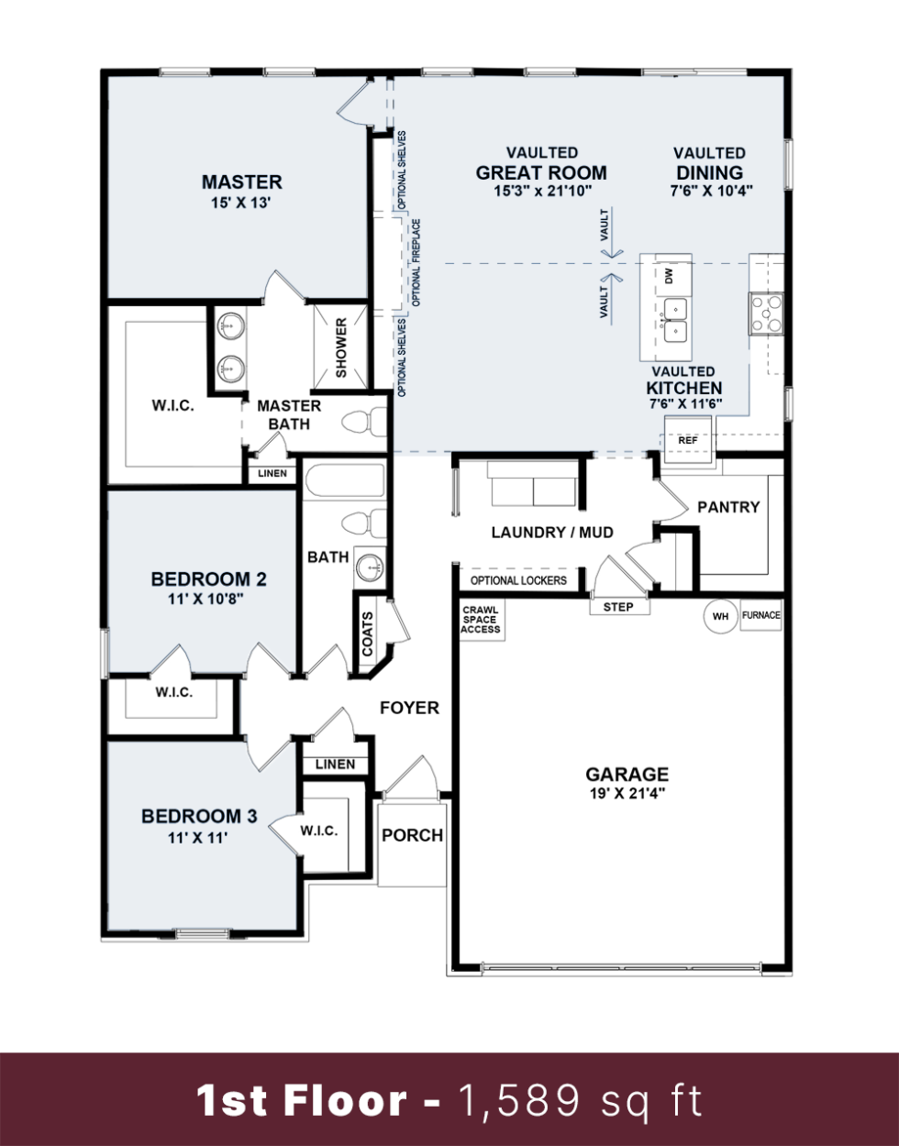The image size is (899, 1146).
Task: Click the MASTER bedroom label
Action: point(241,182)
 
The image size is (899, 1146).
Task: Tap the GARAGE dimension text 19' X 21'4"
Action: point(627,794)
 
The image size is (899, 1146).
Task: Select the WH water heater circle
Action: point(720,616)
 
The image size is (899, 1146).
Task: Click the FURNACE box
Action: point(760,615)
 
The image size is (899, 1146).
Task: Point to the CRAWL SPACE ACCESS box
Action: point(481,620)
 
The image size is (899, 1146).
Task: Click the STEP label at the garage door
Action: point(618,607)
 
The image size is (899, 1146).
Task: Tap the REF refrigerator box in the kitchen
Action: point(688,440)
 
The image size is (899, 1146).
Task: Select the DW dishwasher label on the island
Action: point(670,275)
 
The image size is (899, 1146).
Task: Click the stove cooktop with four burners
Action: point(766,314)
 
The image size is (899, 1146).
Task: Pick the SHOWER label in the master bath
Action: point(341,347)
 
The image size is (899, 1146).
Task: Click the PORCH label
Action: point(412,835)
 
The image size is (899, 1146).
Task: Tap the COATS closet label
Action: point(368,634)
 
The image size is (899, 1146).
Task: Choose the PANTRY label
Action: point(728,507)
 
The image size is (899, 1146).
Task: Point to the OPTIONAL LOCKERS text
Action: point(518,580)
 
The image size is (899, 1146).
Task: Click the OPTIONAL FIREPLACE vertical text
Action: point(416,262)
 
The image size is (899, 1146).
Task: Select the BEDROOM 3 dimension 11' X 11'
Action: point(197,837)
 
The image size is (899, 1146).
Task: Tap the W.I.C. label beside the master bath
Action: point(172,405)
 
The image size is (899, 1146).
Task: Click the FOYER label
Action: point(409,708)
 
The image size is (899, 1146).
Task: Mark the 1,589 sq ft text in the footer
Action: point(580,1100)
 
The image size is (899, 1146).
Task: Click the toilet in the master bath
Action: point(365,423)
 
